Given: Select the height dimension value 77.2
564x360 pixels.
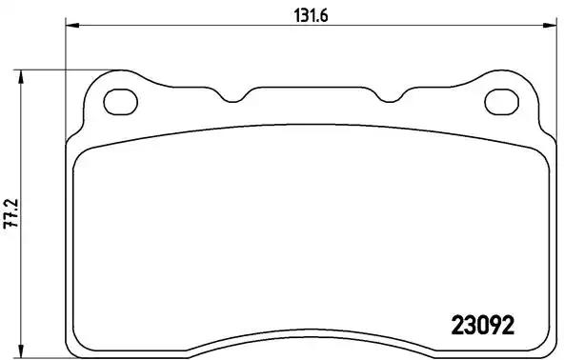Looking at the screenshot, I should pyautogui.click(x=10, y=210).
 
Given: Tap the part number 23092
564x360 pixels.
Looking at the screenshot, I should pyautogui.click(x=481, y=324).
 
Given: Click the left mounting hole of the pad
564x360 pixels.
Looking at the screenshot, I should pyautogui.click(x=121, y=100).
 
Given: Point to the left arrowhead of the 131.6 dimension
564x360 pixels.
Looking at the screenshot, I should pyautogui.click(x=70, y=26).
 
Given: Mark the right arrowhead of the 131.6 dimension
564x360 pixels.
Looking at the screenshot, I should pyautogui.click(x=552, y=26).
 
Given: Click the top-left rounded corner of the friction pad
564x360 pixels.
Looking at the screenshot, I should pyautogui.click(x=81, y=156).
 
